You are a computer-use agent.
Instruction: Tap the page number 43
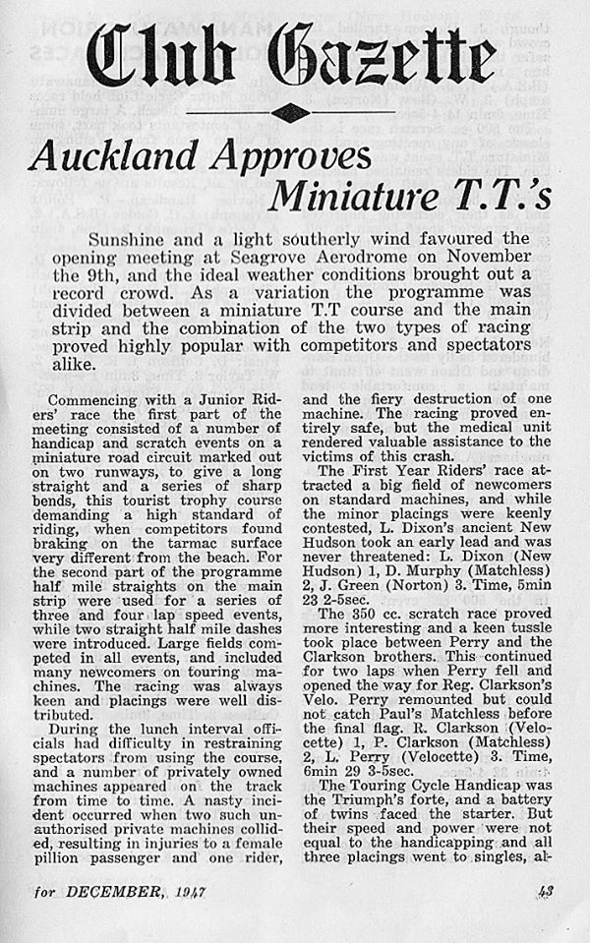click(547, 919)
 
